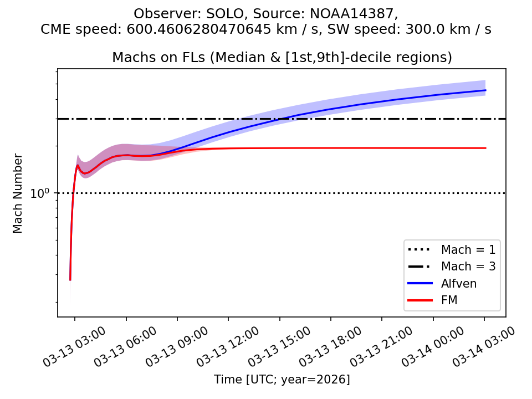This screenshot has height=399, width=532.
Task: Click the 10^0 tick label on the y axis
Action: (x=42, y=194)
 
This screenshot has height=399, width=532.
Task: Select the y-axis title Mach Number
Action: (x=18, y=193)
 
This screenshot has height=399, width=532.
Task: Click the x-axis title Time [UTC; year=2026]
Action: (x=282, y=380)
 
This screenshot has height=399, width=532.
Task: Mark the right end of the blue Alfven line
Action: (x=485, y=90)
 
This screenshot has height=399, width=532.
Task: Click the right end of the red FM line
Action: (x=485, y=148)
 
